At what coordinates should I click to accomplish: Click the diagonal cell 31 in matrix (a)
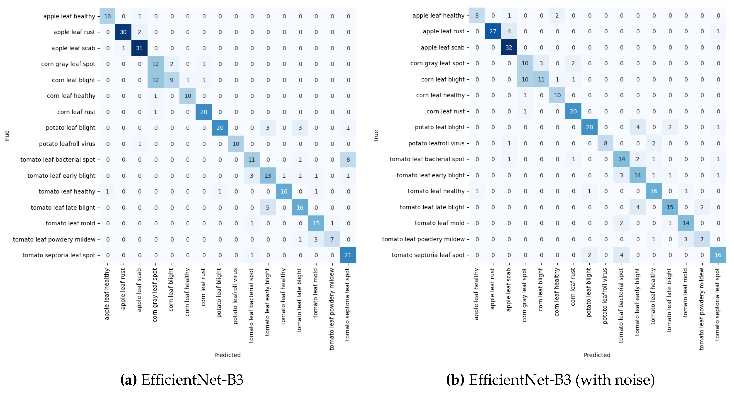(x=139, y=48)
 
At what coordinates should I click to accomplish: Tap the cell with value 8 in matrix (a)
(x=348, y=160)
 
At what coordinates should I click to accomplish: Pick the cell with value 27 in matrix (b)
(x=493, y=31)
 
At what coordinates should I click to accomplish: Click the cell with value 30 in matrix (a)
(x=123, y=32)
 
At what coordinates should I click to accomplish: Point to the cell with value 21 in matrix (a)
(x=348, y=255)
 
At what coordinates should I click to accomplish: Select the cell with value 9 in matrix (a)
(x=171, y=80)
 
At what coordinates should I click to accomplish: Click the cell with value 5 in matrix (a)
(x=268, y=208)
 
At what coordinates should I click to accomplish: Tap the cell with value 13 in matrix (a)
(x=268, y=176)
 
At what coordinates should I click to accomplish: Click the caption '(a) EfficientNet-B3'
(x=182, y=380)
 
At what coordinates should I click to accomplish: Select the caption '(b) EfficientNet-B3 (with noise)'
(x=550, y=380)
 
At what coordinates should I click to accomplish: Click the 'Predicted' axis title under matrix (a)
(x=227, y=355)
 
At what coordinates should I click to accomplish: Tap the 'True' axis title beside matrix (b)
(x=376, y=136)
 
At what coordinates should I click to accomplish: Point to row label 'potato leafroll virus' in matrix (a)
(x=67, y=144)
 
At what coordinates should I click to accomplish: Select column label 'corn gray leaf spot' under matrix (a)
(x=155, y=295)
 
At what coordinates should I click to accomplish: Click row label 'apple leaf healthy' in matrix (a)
(x=69, y=16)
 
